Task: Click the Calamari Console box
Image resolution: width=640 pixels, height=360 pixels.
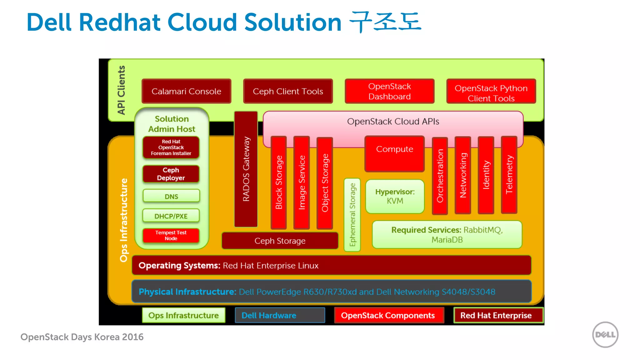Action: click(186, 91)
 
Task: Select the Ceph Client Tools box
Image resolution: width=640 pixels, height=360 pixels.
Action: click(288, 91)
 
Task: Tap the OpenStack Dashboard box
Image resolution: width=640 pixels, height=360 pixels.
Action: click(389, 91)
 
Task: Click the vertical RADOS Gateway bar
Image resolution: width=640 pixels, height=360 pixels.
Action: click(246, 169)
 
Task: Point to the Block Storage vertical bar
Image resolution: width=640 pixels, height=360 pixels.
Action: click(279, 182)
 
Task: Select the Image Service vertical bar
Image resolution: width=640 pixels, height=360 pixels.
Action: click(302, 182)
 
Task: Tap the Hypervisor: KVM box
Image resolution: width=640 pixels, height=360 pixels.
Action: click(395, 196)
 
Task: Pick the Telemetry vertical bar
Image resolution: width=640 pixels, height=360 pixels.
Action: click(509, 175)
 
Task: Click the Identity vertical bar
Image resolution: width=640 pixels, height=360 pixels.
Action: click(486, 175)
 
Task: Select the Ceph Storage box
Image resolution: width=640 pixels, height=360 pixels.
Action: click(280, 241)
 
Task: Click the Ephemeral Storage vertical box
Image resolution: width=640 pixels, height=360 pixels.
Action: click(352, 215)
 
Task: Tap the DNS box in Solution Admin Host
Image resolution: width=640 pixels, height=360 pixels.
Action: click(171, 196)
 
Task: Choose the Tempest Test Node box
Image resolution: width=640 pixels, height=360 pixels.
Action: click(171, 235)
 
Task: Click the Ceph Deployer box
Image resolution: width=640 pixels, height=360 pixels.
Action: click(171, 174)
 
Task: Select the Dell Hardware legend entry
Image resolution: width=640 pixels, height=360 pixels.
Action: click(280, 315)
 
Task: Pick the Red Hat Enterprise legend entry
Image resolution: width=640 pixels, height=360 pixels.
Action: click(498, 315)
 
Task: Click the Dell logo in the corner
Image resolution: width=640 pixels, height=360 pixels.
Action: click(605, 335)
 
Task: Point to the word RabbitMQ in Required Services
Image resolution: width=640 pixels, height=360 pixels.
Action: click(482, 230)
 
